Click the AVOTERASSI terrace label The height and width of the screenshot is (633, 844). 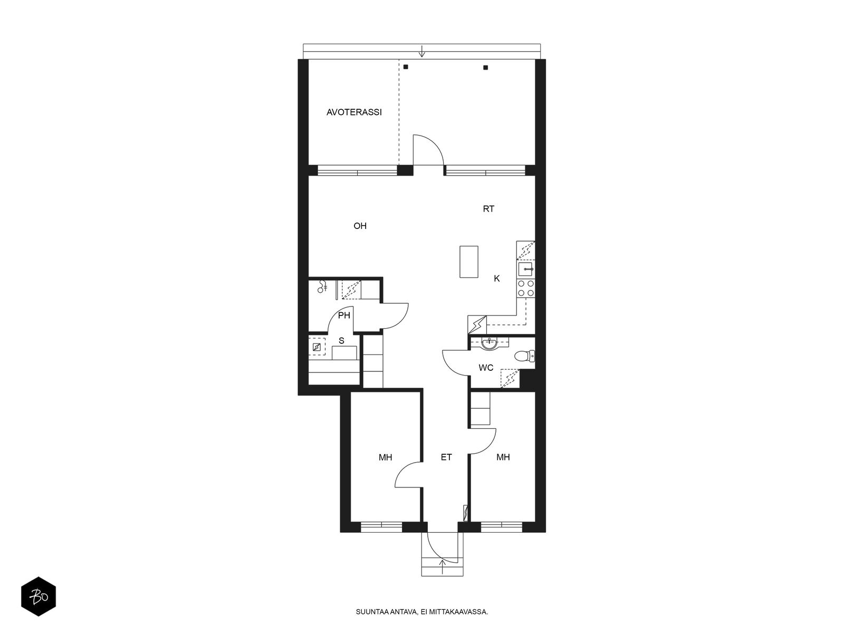click(354, 112)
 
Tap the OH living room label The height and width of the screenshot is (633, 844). click(360, 226)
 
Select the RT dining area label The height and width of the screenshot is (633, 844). click(488, 209)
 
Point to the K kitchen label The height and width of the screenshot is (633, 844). click(497, 279)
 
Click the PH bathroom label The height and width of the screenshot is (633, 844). click(344, 315)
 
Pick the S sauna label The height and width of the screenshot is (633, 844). click(341, 341)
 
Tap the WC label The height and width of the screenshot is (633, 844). click(486, 368)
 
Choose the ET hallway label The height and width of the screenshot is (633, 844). click(446, 457)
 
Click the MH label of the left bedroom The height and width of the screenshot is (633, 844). click(385, 457)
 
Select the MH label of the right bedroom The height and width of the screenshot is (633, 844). click(503, 457)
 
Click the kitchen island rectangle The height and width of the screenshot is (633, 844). click(469, 262)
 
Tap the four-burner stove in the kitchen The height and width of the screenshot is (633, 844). click(525, 288)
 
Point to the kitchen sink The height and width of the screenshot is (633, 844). click(525, 270)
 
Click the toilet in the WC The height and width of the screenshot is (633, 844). click(524, 356)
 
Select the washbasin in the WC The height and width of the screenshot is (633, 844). click(490, 343)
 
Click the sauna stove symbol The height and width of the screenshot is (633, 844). click(316, 347)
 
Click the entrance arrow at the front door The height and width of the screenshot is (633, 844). click(443, 567)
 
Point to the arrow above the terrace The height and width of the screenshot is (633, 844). click(422, 51)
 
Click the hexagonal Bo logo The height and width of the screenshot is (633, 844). click(39, 597)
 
